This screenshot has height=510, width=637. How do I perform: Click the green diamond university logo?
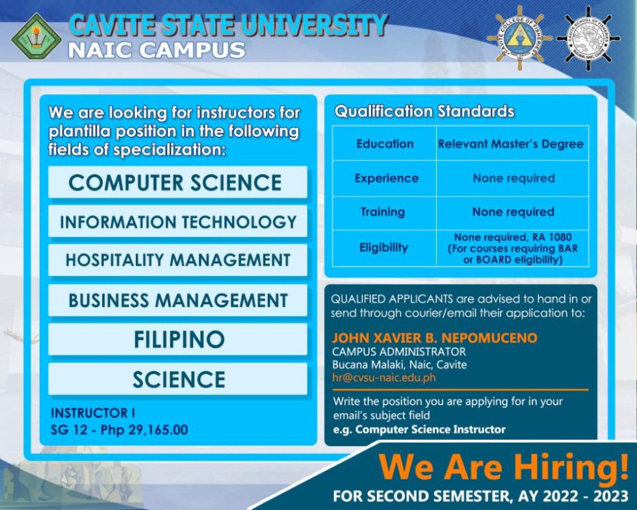click(x=36, y=36)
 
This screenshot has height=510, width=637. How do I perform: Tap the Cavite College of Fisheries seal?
click(x=519, y=38)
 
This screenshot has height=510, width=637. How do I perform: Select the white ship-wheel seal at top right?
click(x=588, y=38)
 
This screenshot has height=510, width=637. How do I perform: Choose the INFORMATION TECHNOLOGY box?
click(x=177, y=222)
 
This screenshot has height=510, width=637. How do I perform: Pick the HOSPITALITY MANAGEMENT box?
click(x=177, y=261)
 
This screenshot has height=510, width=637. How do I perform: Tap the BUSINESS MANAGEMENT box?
click(x=177, y=300)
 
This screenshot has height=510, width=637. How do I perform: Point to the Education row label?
click(x=384, y=144)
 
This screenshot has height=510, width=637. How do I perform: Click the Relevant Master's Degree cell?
click(x=511, y=144)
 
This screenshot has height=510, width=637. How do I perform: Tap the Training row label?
click(x=383, y=212)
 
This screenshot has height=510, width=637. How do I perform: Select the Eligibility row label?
click(x=383, y=248)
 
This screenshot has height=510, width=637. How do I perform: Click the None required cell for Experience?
click(x=513, y=178)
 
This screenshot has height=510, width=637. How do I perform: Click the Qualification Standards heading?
click(x=424, y=111)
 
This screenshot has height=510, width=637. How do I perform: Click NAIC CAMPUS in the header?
click(x=156, y=50)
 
